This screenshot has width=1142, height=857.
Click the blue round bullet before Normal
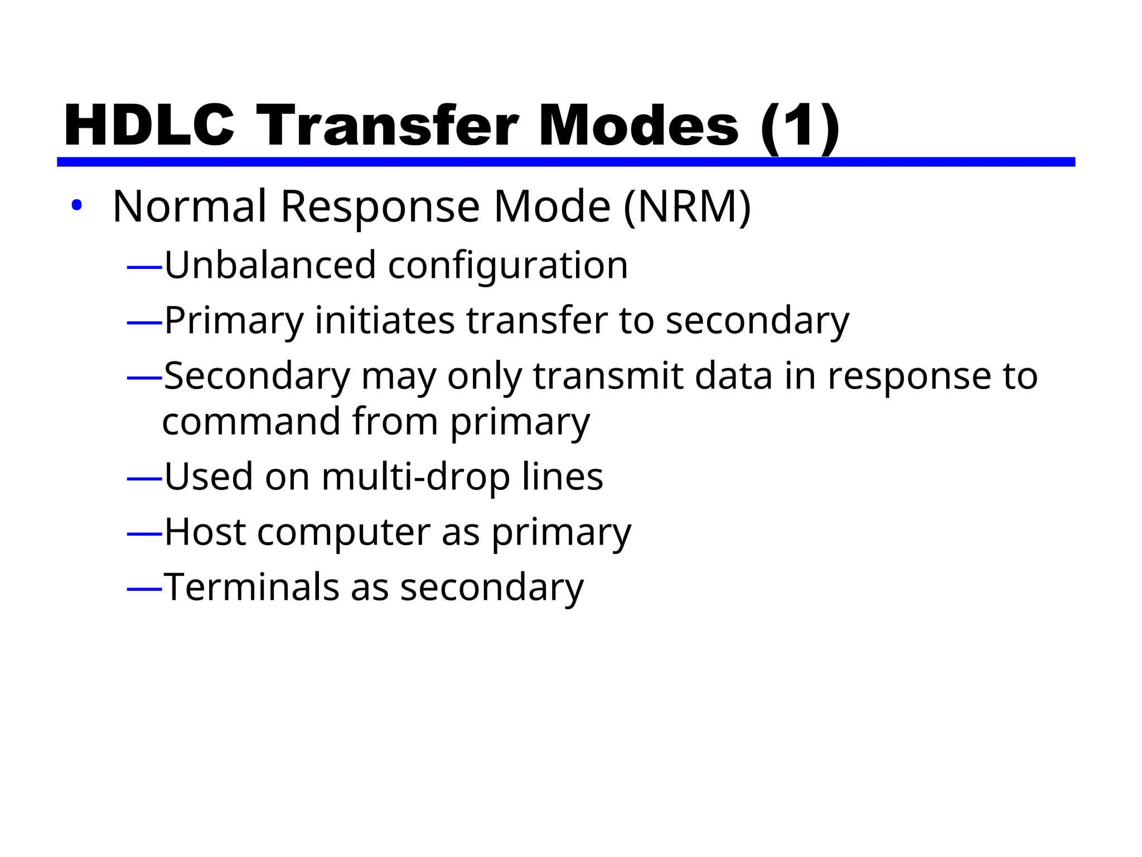tap(76, 206)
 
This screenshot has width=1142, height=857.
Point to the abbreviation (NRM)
tap(686, 207)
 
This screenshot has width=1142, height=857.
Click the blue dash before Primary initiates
tap(144, 322)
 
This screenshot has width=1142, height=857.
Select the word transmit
tap(608, 376)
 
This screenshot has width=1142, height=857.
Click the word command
tap(251, 421)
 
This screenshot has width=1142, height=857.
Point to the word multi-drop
tap(415, 478)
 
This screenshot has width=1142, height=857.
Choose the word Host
tap(205, 532)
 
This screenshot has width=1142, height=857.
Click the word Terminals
tap(251, 588)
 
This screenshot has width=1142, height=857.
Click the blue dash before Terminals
tap(144, 589)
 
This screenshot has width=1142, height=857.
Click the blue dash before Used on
tap(144, 479)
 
